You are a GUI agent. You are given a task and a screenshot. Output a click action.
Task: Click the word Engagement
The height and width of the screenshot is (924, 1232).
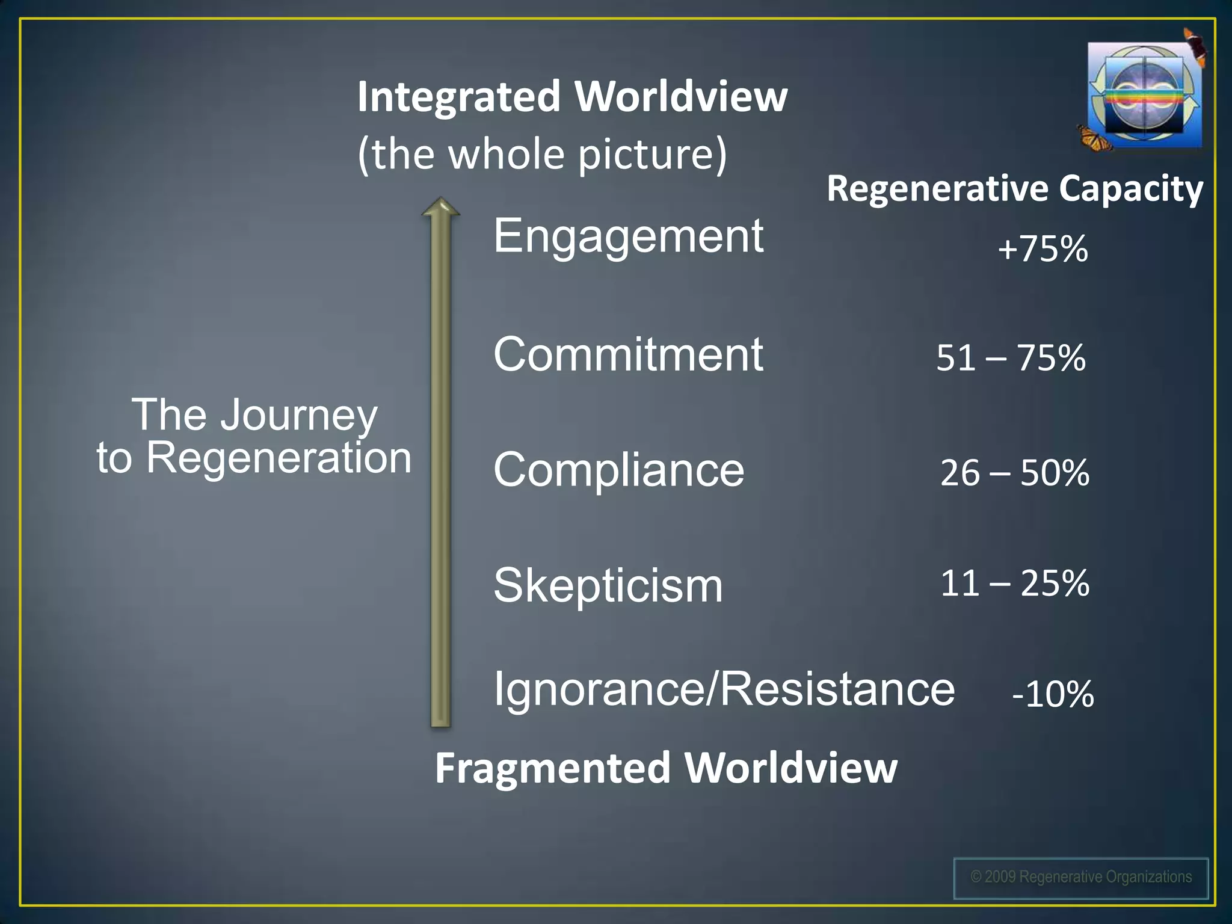[x=628, y=236]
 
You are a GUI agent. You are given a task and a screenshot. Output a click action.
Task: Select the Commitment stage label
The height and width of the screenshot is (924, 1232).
[x=628, y=354]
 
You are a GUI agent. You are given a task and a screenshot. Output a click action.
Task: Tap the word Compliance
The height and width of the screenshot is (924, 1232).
[x=618, y=470]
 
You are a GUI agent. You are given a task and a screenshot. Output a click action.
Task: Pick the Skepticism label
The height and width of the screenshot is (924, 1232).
[x=608, y=585]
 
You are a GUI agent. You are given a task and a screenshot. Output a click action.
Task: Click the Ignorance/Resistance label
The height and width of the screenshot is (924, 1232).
[x=724, y=689]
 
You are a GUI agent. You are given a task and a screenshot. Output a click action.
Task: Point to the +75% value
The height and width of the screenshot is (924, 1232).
[x=1043, y=248]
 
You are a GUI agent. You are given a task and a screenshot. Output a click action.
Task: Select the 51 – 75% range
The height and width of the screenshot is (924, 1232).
[x=1011, y=357]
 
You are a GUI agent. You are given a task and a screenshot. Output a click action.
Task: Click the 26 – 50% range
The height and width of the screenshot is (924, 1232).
[x=1014, y=473]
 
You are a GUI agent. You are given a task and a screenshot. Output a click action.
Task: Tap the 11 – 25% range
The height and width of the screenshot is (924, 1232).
[x=1014, y=583]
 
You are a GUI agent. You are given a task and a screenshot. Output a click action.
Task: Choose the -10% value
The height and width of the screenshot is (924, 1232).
[x=1053, y=694]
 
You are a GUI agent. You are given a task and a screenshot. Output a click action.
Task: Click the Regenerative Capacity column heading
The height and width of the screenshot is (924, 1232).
[x=1015, y=189]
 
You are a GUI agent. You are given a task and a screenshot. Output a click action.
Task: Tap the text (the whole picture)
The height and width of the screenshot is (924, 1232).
[x=542, y=154]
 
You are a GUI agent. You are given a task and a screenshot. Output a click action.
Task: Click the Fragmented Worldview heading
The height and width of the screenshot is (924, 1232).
[x=666, y=768]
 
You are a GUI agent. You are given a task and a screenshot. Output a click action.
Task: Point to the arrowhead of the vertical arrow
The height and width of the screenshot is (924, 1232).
[x=441, y=208]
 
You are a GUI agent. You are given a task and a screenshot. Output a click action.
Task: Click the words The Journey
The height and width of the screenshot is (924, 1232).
[x=254, y=414]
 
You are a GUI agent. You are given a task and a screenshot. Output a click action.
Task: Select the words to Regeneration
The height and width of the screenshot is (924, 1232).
[x=254, y=458]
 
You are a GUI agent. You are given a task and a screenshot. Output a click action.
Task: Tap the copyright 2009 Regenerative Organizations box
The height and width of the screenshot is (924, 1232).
[x=1080, y=878]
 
